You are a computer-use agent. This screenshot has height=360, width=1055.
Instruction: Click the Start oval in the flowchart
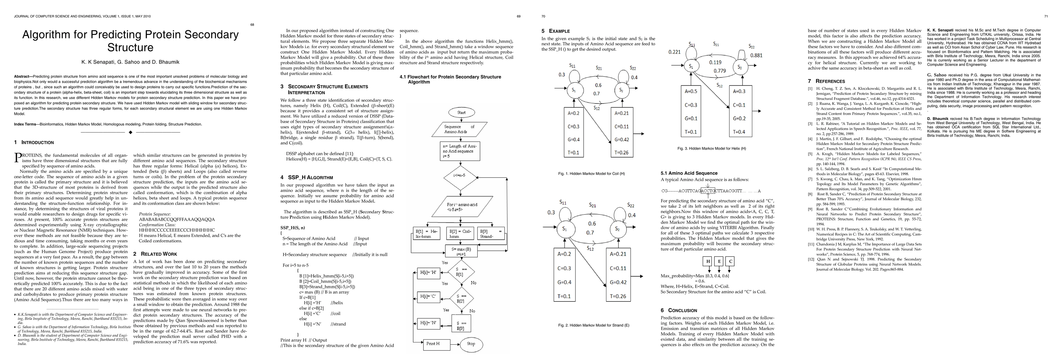coord(461,112)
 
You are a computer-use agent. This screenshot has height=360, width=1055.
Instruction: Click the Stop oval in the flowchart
coord(471,343)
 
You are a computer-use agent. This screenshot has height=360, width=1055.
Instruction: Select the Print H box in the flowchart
coord(433,343)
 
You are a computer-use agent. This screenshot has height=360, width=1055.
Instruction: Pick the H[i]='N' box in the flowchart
coord(429,323)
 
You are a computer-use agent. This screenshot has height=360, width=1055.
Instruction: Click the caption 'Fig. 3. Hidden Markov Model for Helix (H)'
coord(712,148)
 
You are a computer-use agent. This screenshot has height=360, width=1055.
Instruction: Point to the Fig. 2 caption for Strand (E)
coord(594,325)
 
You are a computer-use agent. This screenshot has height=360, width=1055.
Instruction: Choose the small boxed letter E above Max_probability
coord(719,261)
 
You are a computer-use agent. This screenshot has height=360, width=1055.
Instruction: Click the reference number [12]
coord(810,259)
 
